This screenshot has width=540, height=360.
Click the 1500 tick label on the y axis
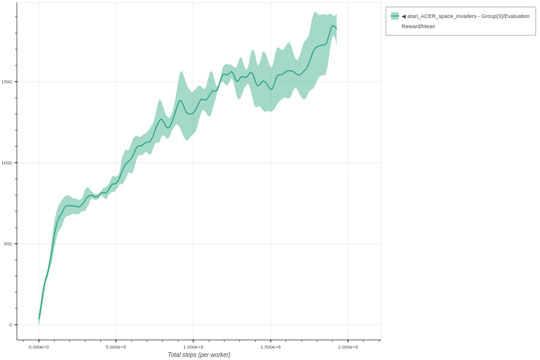click(x=6, y=82)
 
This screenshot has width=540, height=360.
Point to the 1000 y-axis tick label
click(x=6, y=163)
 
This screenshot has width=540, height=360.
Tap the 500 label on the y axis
click(x=8, y=244)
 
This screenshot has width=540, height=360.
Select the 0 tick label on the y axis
click(x=10, y=325)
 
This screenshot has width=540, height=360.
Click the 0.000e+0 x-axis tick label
click(x=39, y=347)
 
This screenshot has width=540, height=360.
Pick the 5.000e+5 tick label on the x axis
click(x=116, y=347)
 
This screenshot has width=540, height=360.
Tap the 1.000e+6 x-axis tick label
click(x=193, y=347)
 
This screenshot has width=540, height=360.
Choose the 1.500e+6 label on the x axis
click(x=271, y=347)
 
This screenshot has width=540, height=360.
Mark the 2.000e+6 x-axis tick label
click(x=348, y=347)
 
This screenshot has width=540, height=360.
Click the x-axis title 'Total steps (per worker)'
click(x=199, y=355)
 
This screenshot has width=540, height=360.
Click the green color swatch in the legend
click(x=395, y=16)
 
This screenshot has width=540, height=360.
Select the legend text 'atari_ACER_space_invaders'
click(x=442, y=16)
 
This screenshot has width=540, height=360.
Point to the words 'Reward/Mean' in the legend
click(x=418, y=26)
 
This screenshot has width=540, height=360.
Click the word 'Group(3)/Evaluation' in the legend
click(x=504, y=16)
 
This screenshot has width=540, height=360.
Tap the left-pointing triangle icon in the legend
click(x=404, y=16)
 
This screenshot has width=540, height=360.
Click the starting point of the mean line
click(x=39, y=319)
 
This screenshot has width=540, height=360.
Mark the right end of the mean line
click(x=337, y=29)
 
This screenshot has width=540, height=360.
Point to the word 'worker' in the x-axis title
click(x=217, y=355)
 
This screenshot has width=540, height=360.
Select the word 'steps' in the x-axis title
click(x=191, y=355)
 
